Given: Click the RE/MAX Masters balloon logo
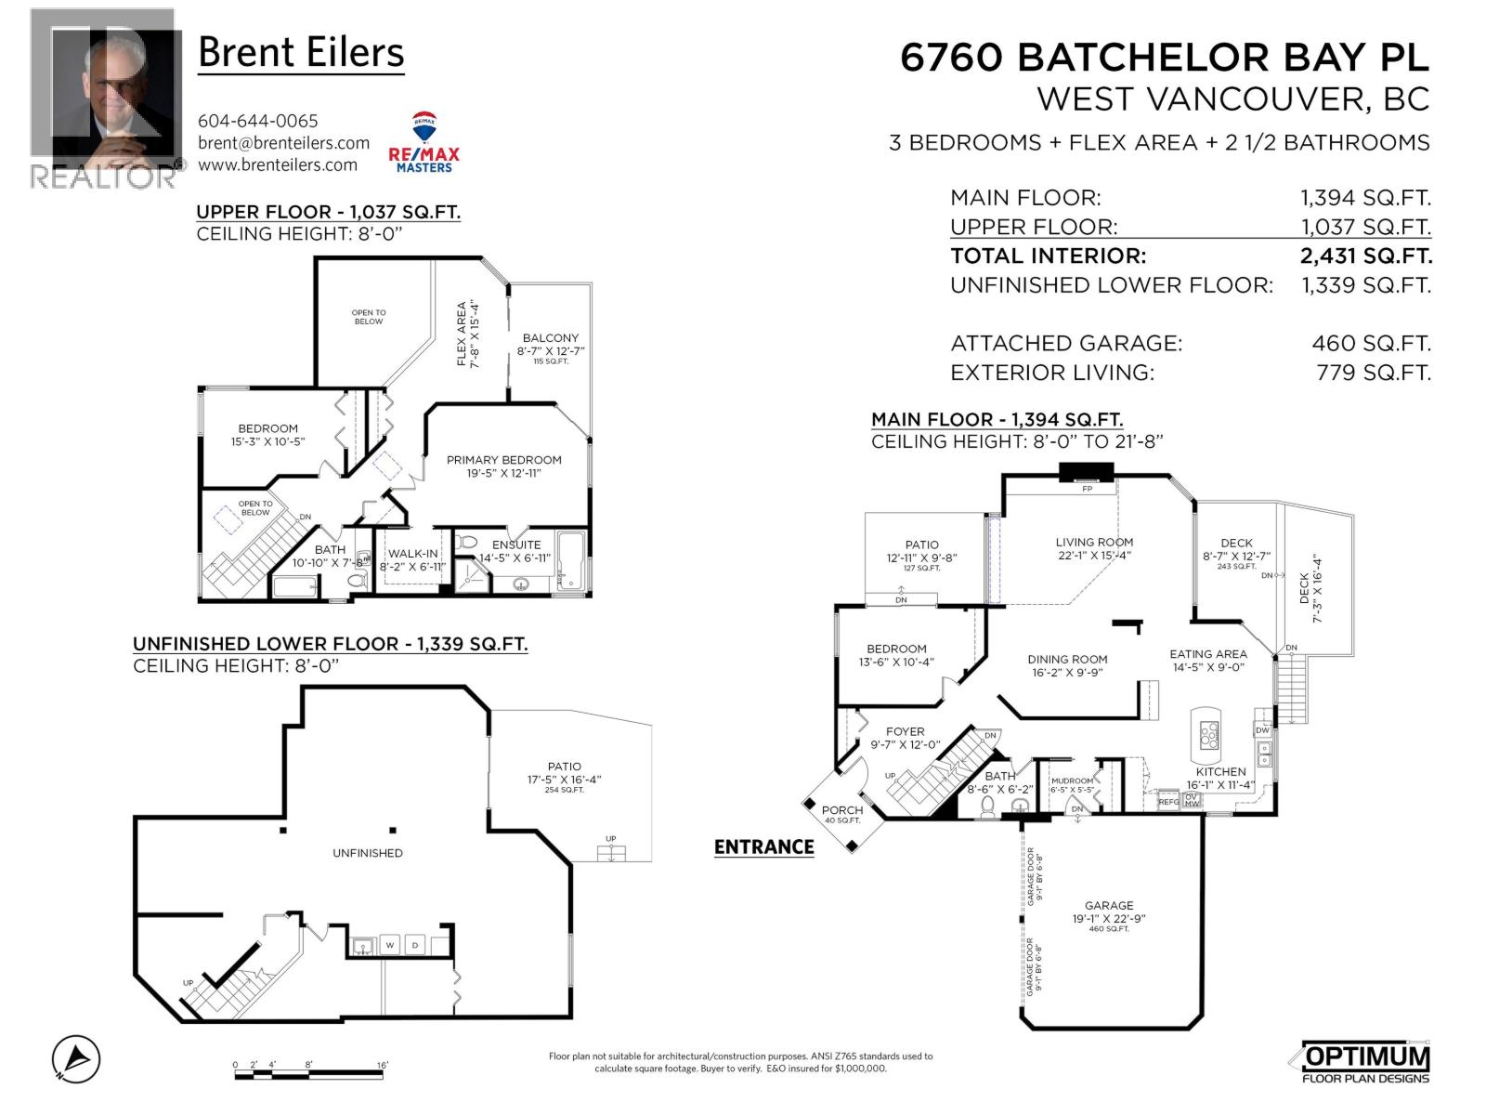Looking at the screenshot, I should point(424,141).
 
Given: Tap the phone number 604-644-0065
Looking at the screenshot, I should point(257,121).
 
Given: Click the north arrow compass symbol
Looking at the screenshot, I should point(76,1058).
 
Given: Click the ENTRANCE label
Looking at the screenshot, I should point(763,846).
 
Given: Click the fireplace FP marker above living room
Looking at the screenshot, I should point(1087,488).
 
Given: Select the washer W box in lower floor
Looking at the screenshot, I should point(390,946).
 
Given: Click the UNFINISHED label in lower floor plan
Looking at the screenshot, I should point(368,853).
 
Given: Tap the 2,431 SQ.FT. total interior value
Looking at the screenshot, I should point(1365,256).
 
